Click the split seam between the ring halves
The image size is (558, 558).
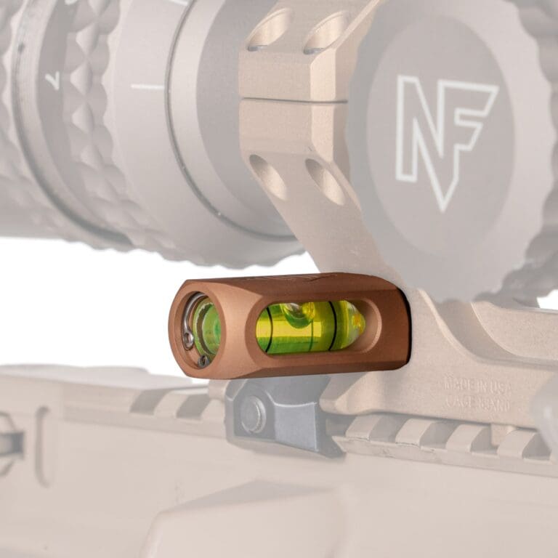291,100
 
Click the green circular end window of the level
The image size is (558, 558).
208,327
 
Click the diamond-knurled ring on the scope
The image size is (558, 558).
87,109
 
